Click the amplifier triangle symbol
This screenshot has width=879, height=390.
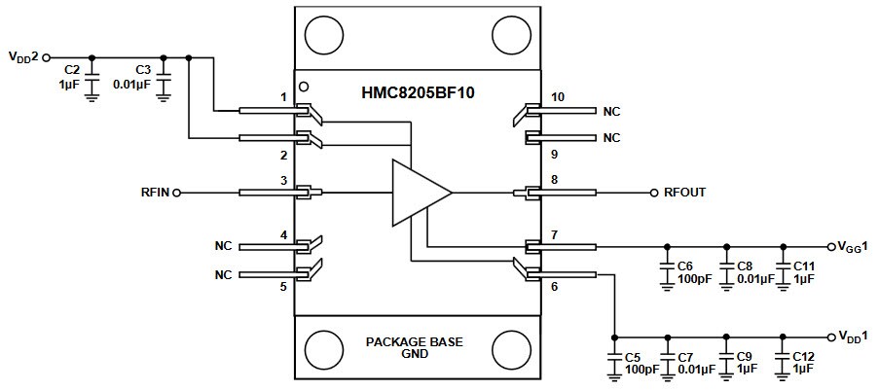click(419, 193)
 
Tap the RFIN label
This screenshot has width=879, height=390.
click(155, 193)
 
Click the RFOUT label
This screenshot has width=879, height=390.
click(685, 193)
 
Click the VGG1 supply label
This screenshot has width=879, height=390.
click(855, 246)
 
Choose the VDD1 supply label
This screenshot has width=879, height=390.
click(855, 336)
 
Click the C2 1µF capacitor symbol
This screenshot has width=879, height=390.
click(92, 75)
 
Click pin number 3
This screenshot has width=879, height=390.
click(283, 181)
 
